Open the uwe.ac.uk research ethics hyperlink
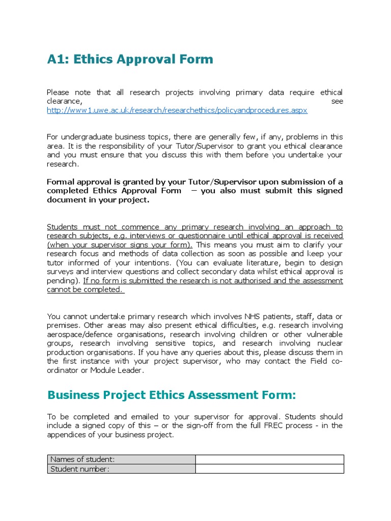[177, 110]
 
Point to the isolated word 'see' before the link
[337, 101]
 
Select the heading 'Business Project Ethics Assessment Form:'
[171, 395]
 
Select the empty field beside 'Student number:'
[269, 469]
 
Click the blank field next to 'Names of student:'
[269, 459]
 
